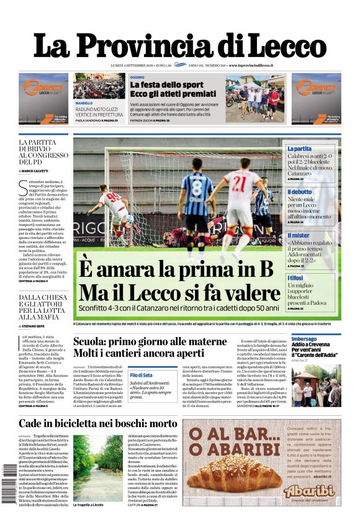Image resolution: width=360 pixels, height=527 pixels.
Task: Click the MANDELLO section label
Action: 84,103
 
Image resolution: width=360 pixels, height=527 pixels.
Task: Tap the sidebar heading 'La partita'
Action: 299,149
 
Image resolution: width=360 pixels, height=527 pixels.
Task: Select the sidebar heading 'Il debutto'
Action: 300,192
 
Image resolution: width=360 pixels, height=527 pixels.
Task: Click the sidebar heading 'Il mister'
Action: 299,236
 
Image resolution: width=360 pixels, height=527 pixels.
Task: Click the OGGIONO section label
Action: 138,77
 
